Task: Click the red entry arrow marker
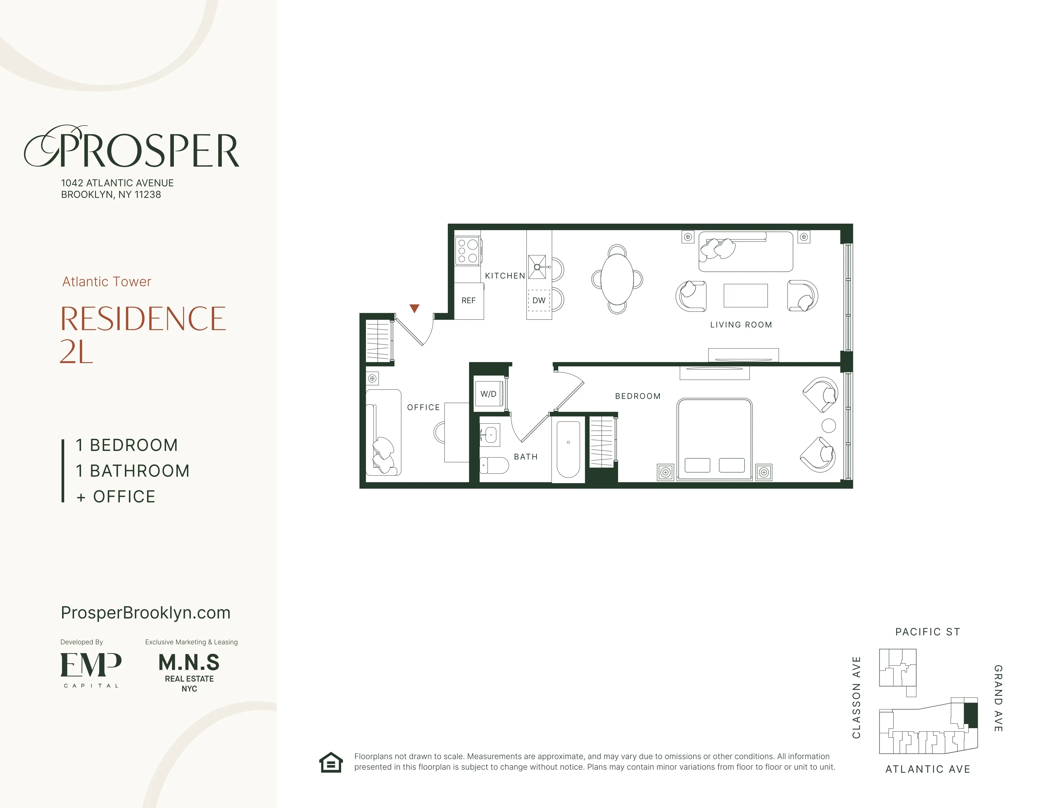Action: pos(414,309)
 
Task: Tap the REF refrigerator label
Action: pos(468,301)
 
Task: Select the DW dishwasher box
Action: pos(539,301)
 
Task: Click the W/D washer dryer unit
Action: pos(488,394)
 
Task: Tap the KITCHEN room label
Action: pos(505,276)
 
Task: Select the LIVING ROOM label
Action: pos(741,324)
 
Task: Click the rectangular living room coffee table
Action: pos(745,295)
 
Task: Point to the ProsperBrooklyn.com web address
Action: pos(145,613)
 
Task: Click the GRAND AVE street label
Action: pos(998,698)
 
